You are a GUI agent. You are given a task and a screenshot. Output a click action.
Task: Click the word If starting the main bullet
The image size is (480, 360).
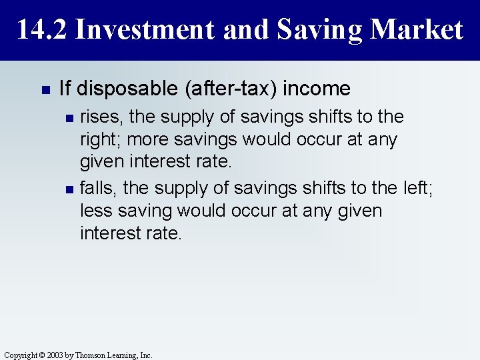coord(65,89)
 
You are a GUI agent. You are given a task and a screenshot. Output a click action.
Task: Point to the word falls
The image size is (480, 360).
coord(98,189)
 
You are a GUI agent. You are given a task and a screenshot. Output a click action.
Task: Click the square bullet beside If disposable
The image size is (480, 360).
coord(45,89)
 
